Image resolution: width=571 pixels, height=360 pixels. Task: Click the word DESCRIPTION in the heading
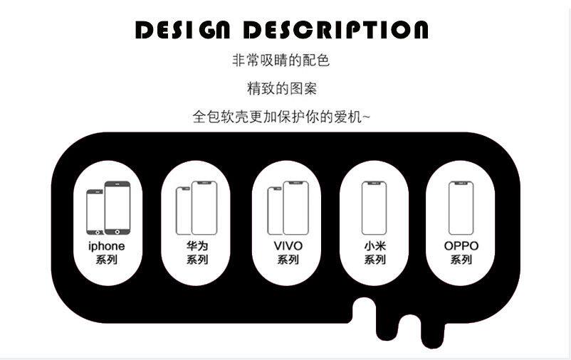click(x=336, y=30)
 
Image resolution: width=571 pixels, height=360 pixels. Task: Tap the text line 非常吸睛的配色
click(x=281, y=60)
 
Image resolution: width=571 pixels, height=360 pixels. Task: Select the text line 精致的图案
click(x=282, y=89)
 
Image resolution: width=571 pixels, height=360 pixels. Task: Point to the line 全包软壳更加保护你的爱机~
click(x=282, y=117)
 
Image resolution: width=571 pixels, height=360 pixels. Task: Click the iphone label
click(x=106, y=246)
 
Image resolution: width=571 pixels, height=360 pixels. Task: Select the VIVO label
click(x=288, y=246)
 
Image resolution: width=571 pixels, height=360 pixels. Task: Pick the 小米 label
click(x=374, y=246)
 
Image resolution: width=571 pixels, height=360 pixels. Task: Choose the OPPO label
click(x=461, y=246)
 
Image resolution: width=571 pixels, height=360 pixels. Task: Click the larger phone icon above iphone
click(x=117, y=208)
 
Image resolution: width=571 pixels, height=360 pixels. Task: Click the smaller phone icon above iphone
click(x=95, y=212)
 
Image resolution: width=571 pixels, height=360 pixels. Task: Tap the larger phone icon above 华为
click(x=204, y=208)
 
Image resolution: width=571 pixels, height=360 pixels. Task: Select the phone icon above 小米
click(x=374, y=208)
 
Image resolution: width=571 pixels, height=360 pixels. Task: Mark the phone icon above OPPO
click(x=461, y=208)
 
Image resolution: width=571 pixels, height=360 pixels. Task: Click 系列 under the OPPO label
click(x=461, y=260)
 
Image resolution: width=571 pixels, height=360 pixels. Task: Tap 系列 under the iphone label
click(x=106, y=260)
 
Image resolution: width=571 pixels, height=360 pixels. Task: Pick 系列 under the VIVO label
click(x=288, y=260)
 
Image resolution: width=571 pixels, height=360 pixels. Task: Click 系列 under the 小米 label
click(x=374, y=260)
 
